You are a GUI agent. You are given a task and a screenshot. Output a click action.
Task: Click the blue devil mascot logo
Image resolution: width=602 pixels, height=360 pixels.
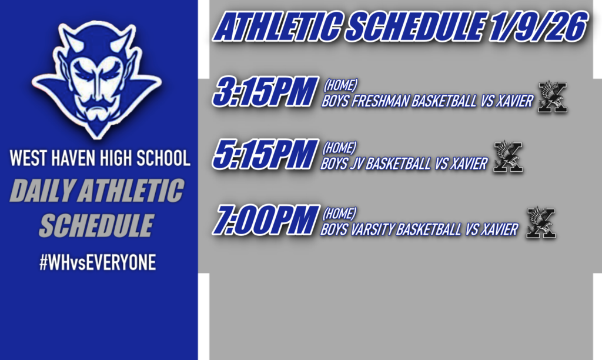[x=97, y=76]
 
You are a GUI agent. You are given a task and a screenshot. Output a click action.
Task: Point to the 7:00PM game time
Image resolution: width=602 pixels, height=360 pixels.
[x=266, y=220]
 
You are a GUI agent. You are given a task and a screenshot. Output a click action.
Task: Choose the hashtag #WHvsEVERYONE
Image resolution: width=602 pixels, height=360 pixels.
[x=97, y=263]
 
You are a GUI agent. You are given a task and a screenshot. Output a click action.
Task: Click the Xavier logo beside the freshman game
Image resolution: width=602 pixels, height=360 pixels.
[x=553, y=97]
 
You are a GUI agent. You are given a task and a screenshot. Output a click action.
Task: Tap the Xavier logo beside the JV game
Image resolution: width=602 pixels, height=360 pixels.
[x=509, y=157]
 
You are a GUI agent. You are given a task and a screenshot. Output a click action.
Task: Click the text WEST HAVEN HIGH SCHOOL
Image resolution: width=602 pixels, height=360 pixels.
[x=99, y=159]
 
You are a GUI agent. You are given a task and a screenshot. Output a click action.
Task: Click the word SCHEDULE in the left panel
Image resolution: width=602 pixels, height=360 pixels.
[x=96, y=225]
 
